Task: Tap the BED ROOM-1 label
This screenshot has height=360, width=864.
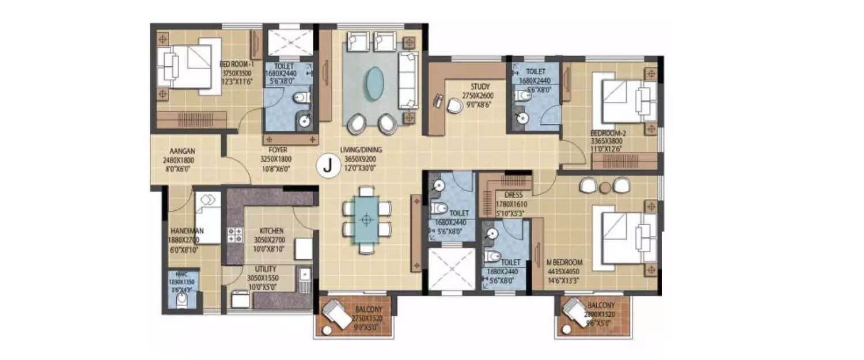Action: [236, 65]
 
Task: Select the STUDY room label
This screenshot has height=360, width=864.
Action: [480, 87]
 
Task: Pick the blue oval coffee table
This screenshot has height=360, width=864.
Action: [375, 84]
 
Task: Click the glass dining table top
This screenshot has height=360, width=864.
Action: [366, 219]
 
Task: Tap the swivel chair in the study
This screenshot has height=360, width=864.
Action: [455, 105]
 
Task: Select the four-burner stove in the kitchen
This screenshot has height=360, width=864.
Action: [235, 234]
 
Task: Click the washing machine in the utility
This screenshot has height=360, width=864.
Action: [240, 299]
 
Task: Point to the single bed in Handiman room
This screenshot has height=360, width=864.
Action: [208, 217]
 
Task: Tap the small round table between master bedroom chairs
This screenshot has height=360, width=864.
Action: [604, 187]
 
